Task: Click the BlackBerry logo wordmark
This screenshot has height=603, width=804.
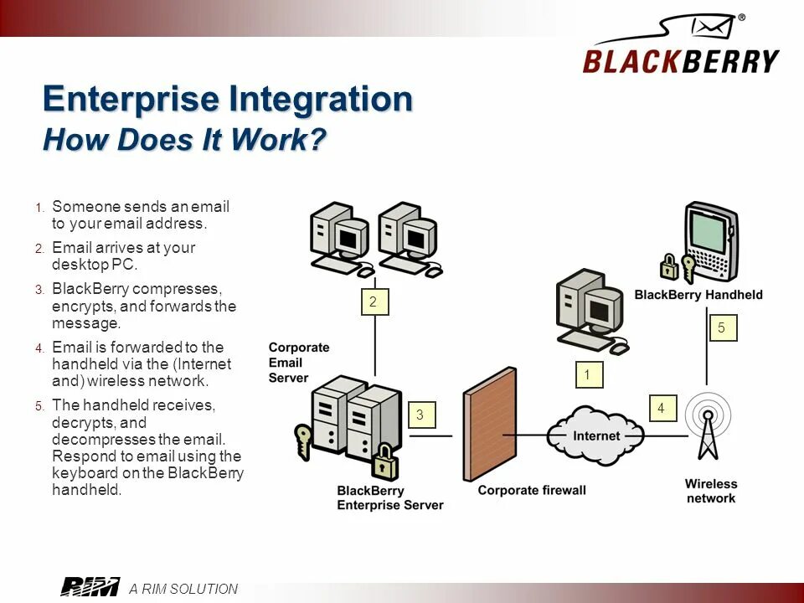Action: click(x=680, y=60)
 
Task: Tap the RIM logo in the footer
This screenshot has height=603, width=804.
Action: click(x=90, y=588)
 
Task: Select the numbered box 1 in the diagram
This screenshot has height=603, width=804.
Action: click(x=588, y=374)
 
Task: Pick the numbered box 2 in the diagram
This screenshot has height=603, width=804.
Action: click(x=373, y=301)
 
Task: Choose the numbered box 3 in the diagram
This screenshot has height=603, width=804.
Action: click(x=420, y=415)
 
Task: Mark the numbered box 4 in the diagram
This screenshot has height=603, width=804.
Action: click(x=661, y=408)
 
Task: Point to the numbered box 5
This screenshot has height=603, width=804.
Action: click(x=722, y=327)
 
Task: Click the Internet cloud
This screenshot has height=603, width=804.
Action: click(x=595, y=435)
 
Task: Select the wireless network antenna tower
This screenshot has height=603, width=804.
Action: click(x=709, y=427)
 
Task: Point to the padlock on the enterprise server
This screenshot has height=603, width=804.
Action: click(x=384, y=461)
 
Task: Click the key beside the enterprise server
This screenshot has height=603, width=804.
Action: click(x=303, y=439)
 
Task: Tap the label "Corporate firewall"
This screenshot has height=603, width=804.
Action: click(x=532, y=490)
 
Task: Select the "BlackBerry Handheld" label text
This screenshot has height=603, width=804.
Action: click(x=698, y=295)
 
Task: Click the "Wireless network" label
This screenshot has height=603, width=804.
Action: click(x=711, y=491)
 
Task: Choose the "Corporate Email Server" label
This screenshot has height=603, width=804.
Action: click(x=299, y=363)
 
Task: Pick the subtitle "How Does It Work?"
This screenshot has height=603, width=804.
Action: click(x=183, y=140)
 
